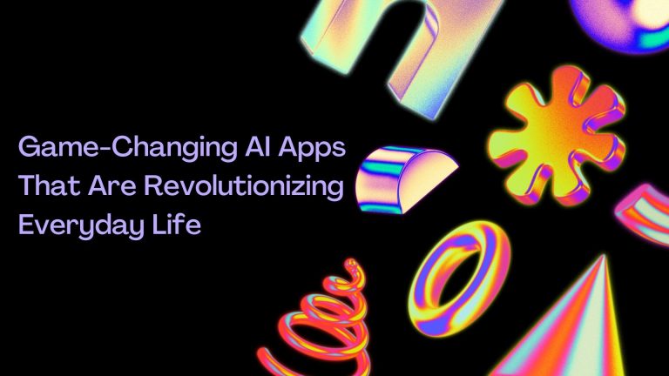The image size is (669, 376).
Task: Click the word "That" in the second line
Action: pyautogui.click(x=49, y=185)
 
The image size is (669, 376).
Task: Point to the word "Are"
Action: pyautogui.click(x=112, y=186)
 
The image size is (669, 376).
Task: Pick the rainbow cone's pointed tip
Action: pyautogui.click(x=605, y=255)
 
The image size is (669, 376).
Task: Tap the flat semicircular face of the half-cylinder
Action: pyautogui.click(x=429, y=179)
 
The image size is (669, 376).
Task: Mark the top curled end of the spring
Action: pyautogui.click(x=351, y=265)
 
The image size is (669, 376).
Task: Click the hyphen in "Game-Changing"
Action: pyautogui.click(x=105, y=148)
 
